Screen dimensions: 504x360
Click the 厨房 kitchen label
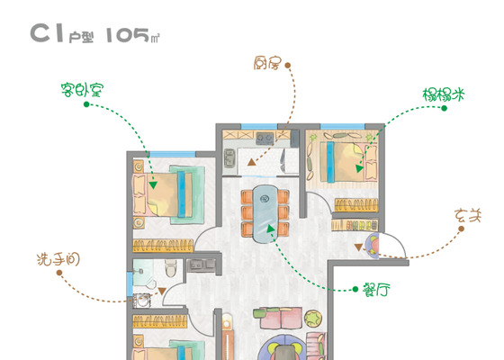coord(267,64)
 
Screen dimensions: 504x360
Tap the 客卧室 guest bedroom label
coord(82,90)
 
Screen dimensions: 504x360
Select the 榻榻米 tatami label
coord(444,94)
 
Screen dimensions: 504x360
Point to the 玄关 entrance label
coord(468,216)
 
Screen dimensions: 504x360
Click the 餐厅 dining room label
coord(376,290)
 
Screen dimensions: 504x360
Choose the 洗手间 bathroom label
coord(58,259)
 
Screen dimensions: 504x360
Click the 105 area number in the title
coord(128,35)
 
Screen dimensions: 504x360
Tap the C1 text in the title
coord(47,32)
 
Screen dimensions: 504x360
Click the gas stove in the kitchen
coord(265,139)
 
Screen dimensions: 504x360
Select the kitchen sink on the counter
coord(229,158)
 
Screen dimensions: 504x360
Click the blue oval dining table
coord(265,214)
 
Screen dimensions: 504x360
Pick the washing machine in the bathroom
coord(142,301)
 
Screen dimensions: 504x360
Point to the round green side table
coord(313,318)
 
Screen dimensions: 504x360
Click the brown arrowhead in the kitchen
coord(252,162)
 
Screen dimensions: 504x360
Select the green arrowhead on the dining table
coord(270,229)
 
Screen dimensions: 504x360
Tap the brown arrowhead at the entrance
coord(358,247)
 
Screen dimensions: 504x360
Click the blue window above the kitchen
coord(259,127)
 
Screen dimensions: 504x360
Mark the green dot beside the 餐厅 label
coord(355,289)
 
